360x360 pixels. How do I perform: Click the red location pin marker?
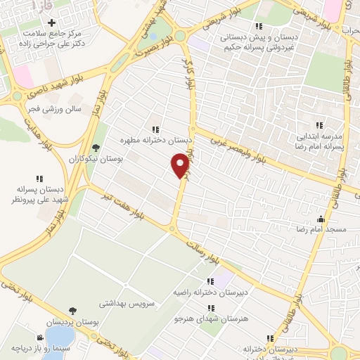tap(181, 165)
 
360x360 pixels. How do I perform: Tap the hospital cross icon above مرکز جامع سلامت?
tap(51, 23)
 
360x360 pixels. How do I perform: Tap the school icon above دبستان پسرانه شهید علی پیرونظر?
tap(40, 178)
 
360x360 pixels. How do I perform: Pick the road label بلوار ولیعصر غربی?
tap(243, 147)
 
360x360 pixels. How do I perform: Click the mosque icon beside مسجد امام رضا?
tap(321, 219)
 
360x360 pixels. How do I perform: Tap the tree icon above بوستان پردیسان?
tap(72, 310)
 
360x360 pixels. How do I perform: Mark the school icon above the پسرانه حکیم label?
tap(259, 26)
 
